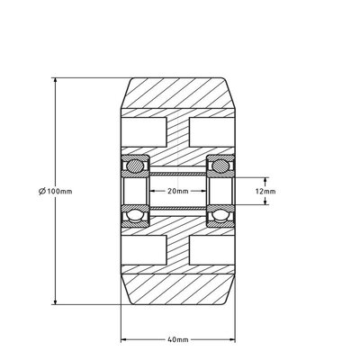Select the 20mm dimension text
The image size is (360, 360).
click(x=177, y=191)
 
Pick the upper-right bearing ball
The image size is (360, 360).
click(x=219, y=166)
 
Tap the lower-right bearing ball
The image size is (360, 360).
click(x=219, y=216)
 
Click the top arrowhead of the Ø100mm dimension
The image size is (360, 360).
click(x=57, y=82)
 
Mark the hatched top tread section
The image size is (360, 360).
click(x=177, y=95)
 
